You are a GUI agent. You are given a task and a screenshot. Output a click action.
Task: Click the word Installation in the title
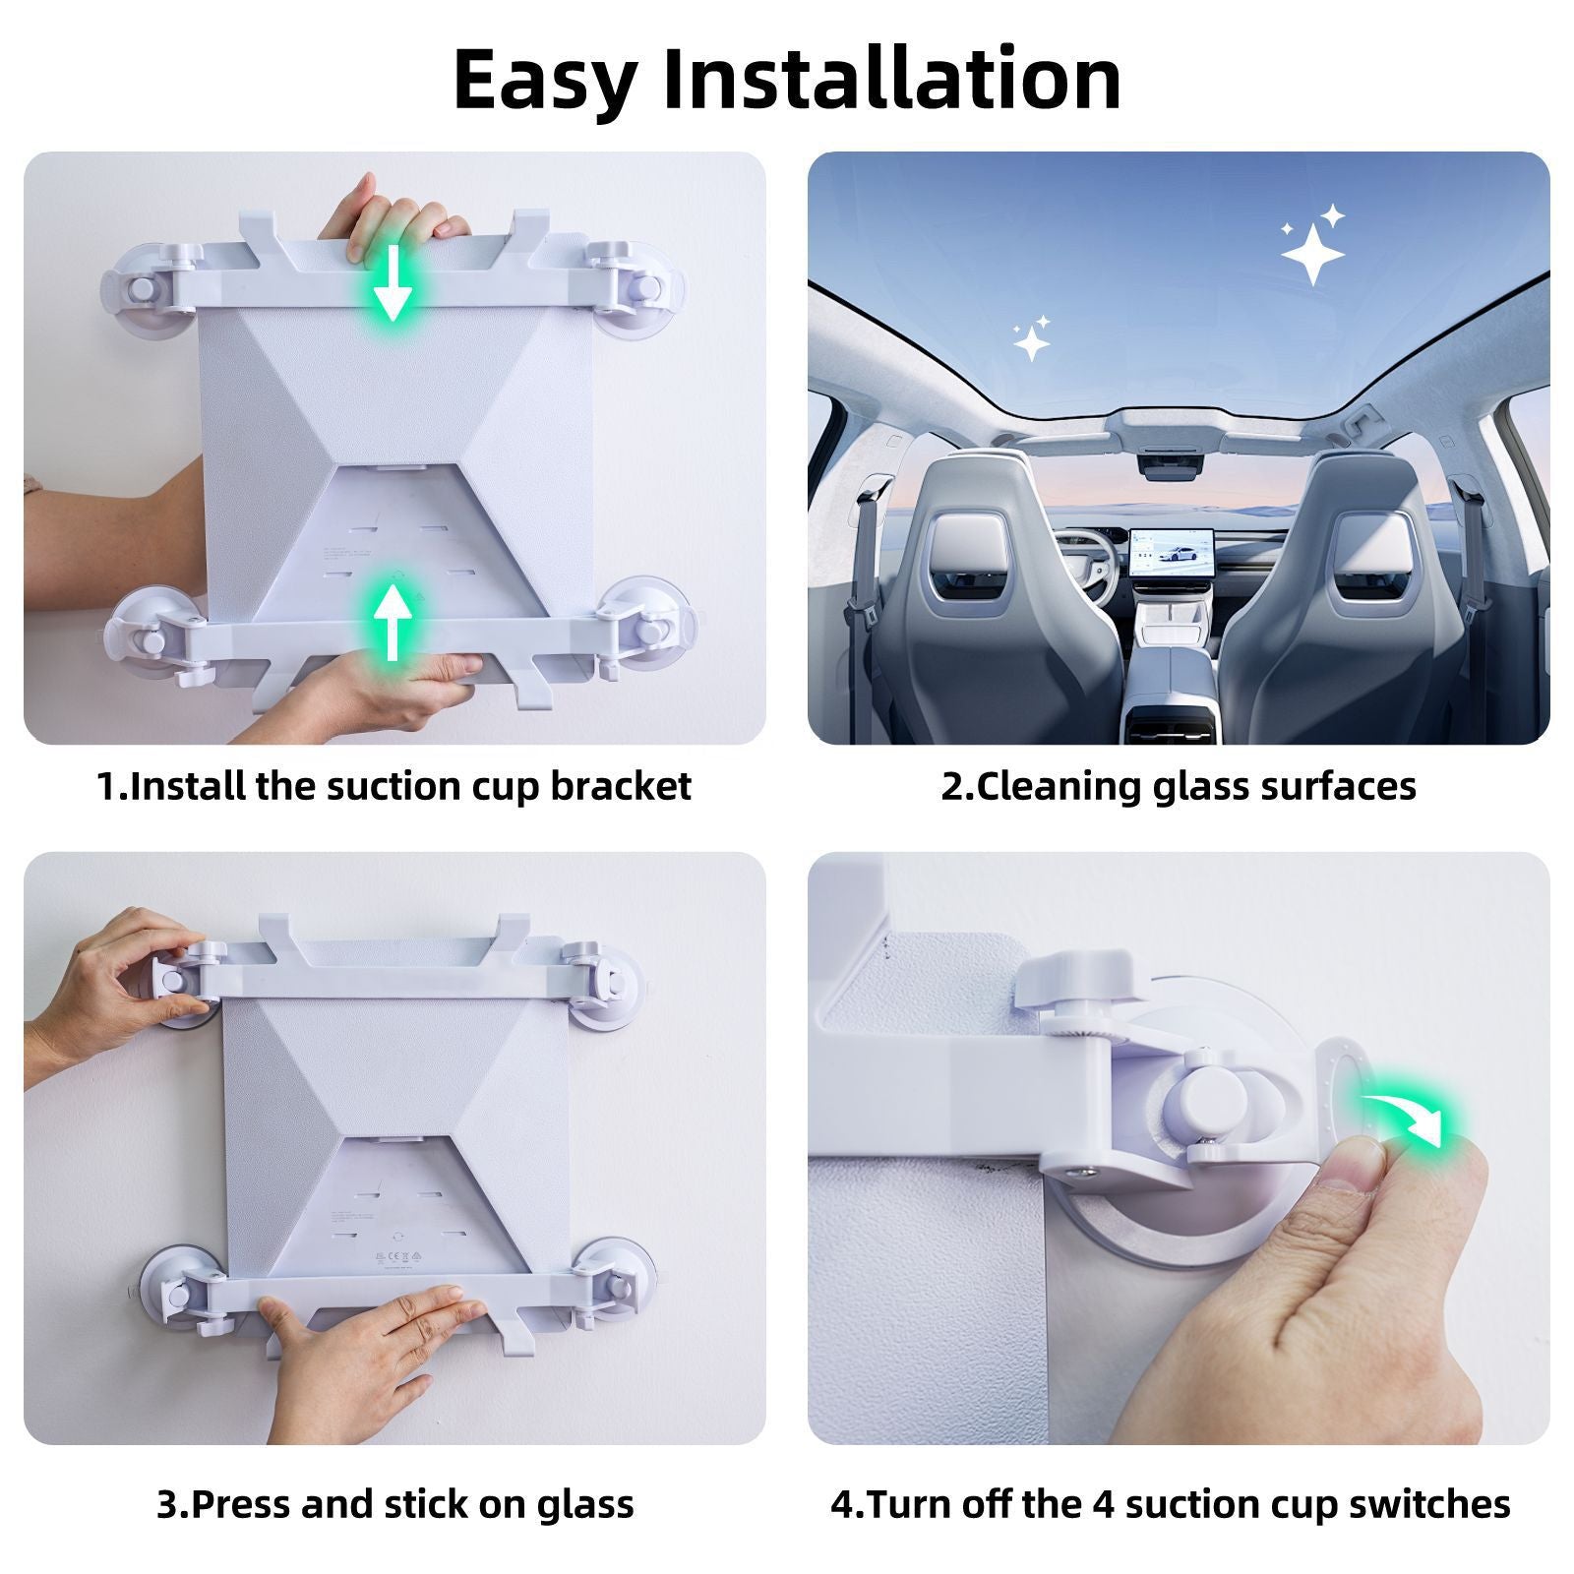click(891, 79)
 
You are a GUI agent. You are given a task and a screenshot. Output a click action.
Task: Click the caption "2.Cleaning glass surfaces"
click(1179, 786)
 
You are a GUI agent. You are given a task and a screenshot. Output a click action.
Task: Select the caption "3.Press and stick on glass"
click(394, 1504)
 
